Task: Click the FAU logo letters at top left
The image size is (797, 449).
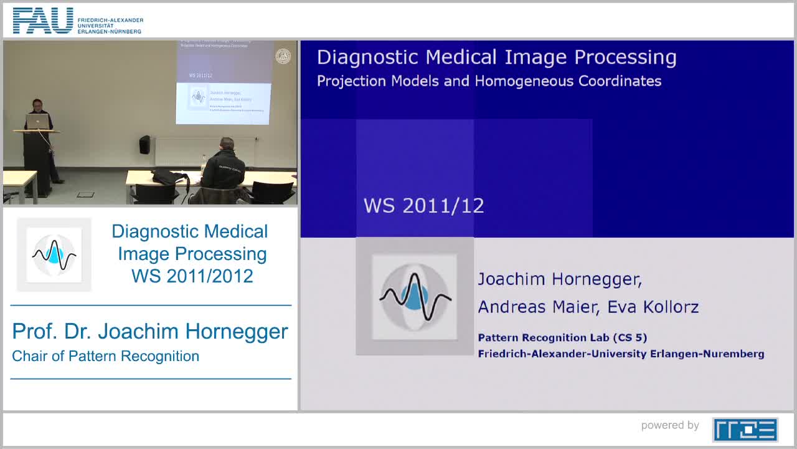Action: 42,21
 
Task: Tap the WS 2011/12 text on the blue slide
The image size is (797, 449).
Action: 423,206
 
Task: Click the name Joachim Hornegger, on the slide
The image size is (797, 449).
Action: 559,279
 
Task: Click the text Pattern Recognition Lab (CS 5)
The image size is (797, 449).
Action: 562,338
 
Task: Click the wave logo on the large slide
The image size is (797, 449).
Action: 415,296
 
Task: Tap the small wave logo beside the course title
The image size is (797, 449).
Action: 54,254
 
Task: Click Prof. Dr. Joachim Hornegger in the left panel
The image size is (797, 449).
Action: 150,332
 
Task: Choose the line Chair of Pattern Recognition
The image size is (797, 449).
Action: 105,356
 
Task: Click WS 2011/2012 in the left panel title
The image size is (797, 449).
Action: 192,276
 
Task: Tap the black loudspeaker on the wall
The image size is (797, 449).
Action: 144,145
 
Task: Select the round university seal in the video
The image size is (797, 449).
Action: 283,56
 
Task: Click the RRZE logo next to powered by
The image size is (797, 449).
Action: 745,429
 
